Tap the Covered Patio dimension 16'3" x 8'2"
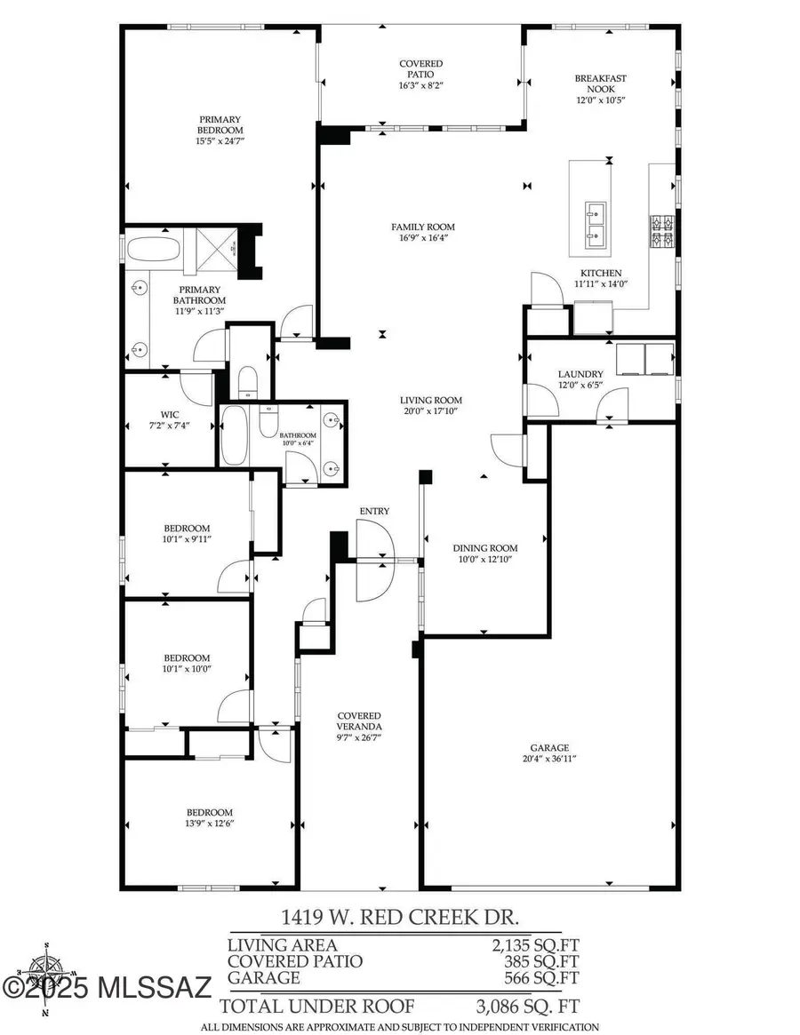click(420, 86)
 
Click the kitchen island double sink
click(595, 224)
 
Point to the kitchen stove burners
click(663, 232)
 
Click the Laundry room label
click(580, 374)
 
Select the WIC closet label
click(171, 414)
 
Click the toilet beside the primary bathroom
click(248, 379)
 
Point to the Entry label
click(374, 511)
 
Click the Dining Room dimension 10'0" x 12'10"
click(484, 559)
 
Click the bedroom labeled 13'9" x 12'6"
click(210, 817)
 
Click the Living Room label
click(431, 400)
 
